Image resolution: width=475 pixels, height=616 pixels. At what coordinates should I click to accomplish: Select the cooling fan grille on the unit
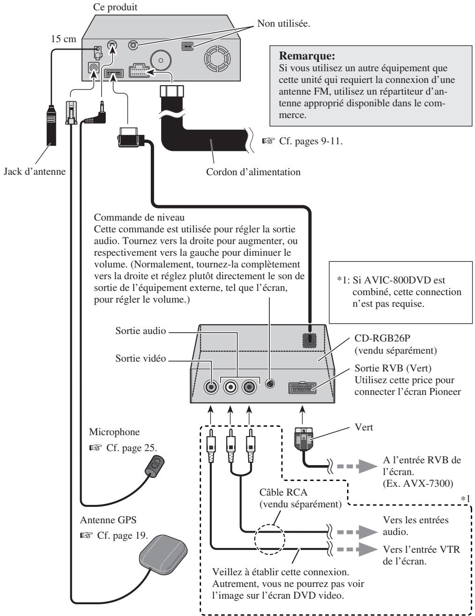tap(217, 59)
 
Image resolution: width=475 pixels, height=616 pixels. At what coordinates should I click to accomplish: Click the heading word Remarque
tap(307, 56)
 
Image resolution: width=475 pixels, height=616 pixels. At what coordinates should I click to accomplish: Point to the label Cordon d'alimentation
tap(253, 172)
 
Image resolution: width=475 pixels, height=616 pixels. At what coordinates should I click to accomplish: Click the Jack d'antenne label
tap(35, 171)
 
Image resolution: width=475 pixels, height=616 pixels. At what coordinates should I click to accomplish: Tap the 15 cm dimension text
tap(64, 39)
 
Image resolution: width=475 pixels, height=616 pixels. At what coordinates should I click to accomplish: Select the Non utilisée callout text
tap(284, 23)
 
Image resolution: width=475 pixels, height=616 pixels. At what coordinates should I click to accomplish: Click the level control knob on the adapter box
tap(270, 384)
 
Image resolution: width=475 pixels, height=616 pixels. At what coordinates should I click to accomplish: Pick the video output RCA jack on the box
tap(211, 386)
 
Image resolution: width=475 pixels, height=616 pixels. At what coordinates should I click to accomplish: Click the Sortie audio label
tap(141, 331)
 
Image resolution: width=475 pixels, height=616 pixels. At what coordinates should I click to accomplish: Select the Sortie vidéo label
tap(141, 358)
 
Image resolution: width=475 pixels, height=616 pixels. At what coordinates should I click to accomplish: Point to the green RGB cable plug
tap(304, 439)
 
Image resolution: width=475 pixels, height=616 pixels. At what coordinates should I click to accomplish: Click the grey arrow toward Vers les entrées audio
tap(357, 532)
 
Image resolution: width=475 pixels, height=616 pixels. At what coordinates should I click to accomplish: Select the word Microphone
tap(114, 432)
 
